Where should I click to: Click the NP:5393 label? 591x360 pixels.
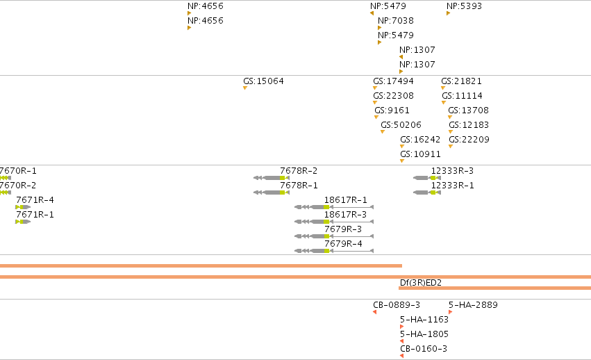pyautogui.click(x=464, y=6)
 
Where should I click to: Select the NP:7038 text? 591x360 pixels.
pyautogui.click(x=396, y=21)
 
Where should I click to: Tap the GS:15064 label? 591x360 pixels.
pyautogui.click(x=263, y=81)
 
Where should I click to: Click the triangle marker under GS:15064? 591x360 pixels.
pyautogui.click(x=245, y=88)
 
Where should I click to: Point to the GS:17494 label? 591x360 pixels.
pyautogui.click(x=393, y=81)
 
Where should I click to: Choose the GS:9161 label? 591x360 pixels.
pyautogui.click(x=392, y=111)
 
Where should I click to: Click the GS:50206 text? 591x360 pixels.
pyautogui.click(x=401, y=125)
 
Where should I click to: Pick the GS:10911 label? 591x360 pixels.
pyautogui.click(x=420, y=154)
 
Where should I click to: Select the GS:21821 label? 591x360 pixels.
pyautogui.click(x=461, y=81)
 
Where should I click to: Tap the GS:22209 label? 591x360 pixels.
pyautogui.click(x=469, y=140)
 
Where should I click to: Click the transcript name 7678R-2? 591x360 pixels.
pyautogui.click(x=299, y=171)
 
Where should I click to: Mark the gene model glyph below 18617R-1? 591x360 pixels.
pyautogui.click(x=334, y=207)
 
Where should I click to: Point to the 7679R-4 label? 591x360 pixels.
pyautogui.click(x=343, y=244)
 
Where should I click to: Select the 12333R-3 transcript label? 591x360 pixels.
pyautogui.click(x=452, y=171)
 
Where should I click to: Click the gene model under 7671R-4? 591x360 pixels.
pyautogui.click(x=23, y=207)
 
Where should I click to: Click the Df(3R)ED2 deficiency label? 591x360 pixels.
pyautogui.click(x=421, y=283)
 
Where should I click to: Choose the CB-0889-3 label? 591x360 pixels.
pyautogui.click(x=397, y=305)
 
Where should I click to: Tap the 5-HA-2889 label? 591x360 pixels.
pyautogui.click(x=473, y=305)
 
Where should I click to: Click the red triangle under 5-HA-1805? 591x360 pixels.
pyautogui.click(x=401, y=341)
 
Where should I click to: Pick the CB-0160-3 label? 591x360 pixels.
pyautogui.click(x=424, y=349)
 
